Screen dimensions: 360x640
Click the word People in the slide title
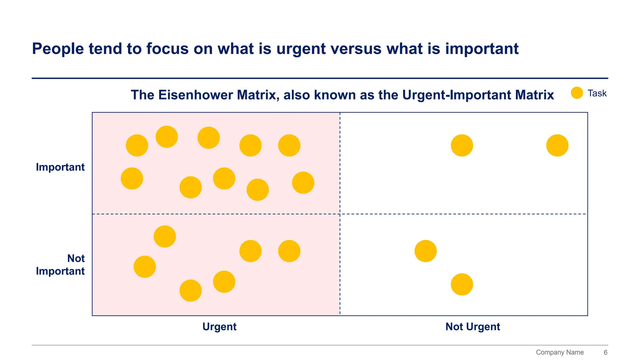point(58,49)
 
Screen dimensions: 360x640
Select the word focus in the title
point(167,49)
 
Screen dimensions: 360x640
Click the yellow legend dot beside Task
point(577,93)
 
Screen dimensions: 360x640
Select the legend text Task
point(597,93)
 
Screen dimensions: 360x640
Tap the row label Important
point(60,167)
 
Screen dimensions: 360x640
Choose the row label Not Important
point(60,265)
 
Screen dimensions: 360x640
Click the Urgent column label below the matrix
point(219,327)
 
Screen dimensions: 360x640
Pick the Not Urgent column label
point(472,327)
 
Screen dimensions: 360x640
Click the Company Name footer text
point(560,352)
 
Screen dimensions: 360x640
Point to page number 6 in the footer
point(605,352)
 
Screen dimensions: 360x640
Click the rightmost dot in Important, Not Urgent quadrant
point(557,146)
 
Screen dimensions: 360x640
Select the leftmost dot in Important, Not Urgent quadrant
point(462,146)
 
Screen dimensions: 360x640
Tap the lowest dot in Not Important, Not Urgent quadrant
point(462,284)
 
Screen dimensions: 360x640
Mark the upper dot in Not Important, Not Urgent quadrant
point(426,251)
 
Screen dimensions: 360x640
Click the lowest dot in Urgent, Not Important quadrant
point(191,291)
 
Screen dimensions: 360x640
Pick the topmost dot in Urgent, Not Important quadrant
point(165,237)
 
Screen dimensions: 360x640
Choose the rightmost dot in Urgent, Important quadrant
point(303,183)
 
